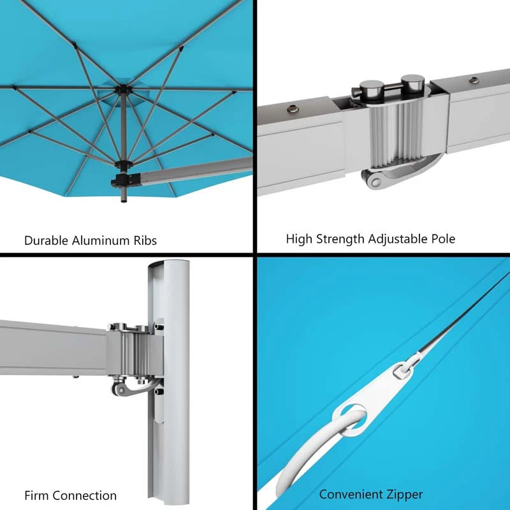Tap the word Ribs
click(143, 240)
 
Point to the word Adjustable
click(397, 240)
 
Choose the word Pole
click(442, 239)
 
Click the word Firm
click(37, 495)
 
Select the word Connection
click(85, 495)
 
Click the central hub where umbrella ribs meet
click(122, 91)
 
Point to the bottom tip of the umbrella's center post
click(122, 202)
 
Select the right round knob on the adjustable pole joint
click(411, 84)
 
